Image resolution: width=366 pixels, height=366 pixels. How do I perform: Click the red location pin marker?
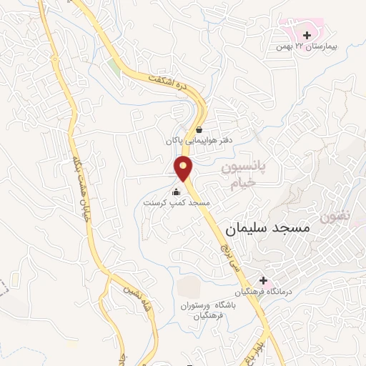(x=184, y=169)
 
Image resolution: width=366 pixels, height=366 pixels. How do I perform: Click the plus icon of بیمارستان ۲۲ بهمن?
(x=307, y=34)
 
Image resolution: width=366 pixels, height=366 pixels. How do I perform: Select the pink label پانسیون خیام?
(x=241, y=175)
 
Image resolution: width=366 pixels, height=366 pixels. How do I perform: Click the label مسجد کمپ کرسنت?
(x=177, y=203)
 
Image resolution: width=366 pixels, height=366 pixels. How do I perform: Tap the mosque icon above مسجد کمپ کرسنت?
(x=177, y=191)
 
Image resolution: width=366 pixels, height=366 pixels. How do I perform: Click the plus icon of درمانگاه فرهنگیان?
(x=263, y=280)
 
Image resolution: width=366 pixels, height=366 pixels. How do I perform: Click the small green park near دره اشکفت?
(x=114, y=68)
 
